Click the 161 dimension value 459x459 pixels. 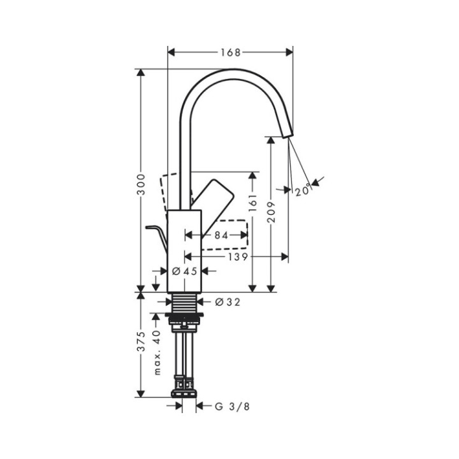click(254, 203)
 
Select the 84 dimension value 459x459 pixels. click(221, 235)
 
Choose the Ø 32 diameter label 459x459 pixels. click(228, 302)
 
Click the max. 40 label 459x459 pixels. click(157, 352)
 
